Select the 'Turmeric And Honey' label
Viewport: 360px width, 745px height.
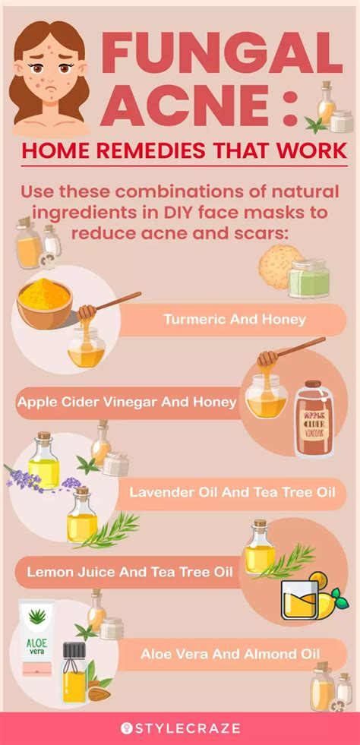[x=234, y=319]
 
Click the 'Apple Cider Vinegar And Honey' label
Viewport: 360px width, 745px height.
[x=127, y=402]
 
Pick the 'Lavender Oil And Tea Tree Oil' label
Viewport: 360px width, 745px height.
[x=232, y=493]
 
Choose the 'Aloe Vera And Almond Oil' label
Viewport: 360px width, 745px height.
[x=230, y=652]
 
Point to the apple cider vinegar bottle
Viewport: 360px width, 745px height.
[x=317, y=418]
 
